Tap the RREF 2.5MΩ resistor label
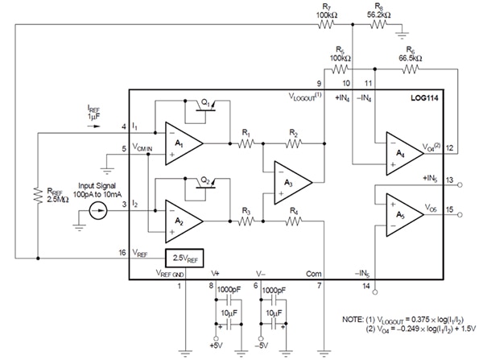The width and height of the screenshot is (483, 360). click(x=48, y=197)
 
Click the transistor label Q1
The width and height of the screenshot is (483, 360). click(x=206, y=103)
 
